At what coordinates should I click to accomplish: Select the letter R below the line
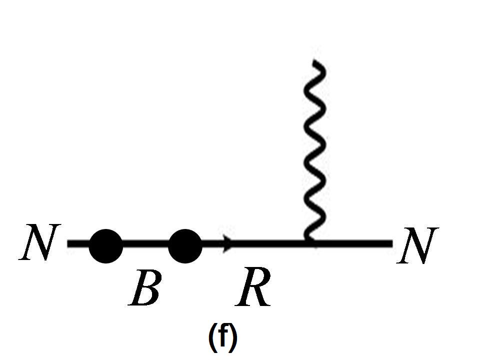point(253,288)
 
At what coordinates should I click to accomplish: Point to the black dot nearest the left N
point(105,245)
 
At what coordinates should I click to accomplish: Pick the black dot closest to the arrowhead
point(185,245)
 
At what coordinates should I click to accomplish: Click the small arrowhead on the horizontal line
point(227,244)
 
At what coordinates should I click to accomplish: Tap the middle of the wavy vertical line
point(315,150)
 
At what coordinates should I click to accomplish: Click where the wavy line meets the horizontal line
point(310,243)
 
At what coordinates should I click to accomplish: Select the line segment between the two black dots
point(145,244)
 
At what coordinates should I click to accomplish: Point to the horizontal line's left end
point(69,244)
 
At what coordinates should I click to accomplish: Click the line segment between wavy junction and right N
point(352,244)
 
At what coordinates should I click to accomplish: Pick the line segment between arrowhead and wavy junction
point(270,244)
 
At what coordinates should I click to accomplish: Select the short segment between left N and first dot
point(79,244)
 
